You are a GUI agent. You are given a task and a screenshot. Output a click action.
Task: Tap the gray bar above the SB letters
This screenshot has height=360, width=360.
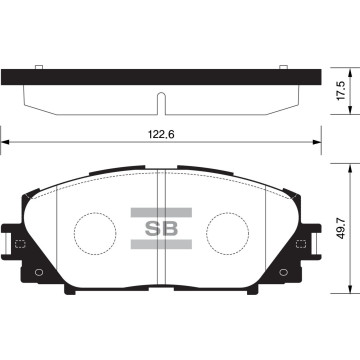[x=160, y=210]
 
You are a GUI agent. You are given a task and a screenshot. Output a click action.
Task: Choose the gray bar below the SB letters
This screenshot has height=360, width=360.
[x=160, y=243]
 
